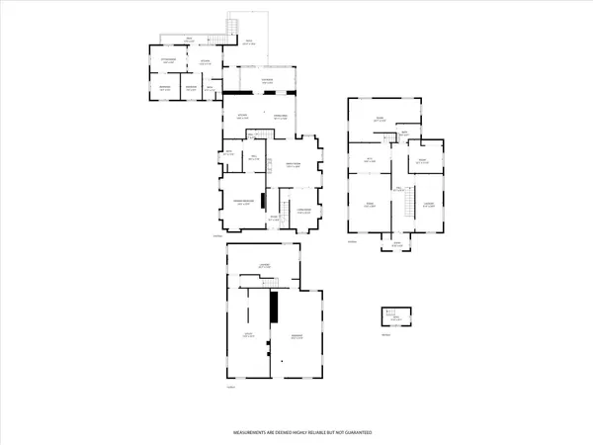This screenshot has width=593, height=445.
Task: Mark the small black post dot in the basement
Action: coord(282,361)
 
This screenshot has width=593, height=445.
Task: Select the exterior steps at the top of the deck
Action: coord(233,27)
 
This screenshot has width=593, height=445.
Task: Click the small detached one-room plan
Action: coord(394,316)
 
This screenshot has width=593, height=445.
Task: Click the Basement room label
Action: coord(296,337)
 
